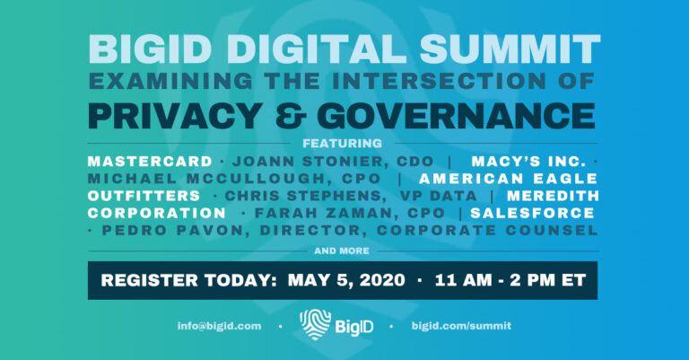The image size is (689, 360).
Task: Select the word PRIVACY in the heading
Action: tap(170, 115)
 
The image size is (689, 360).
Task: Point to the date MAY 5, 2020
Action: tap(345, 280)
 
